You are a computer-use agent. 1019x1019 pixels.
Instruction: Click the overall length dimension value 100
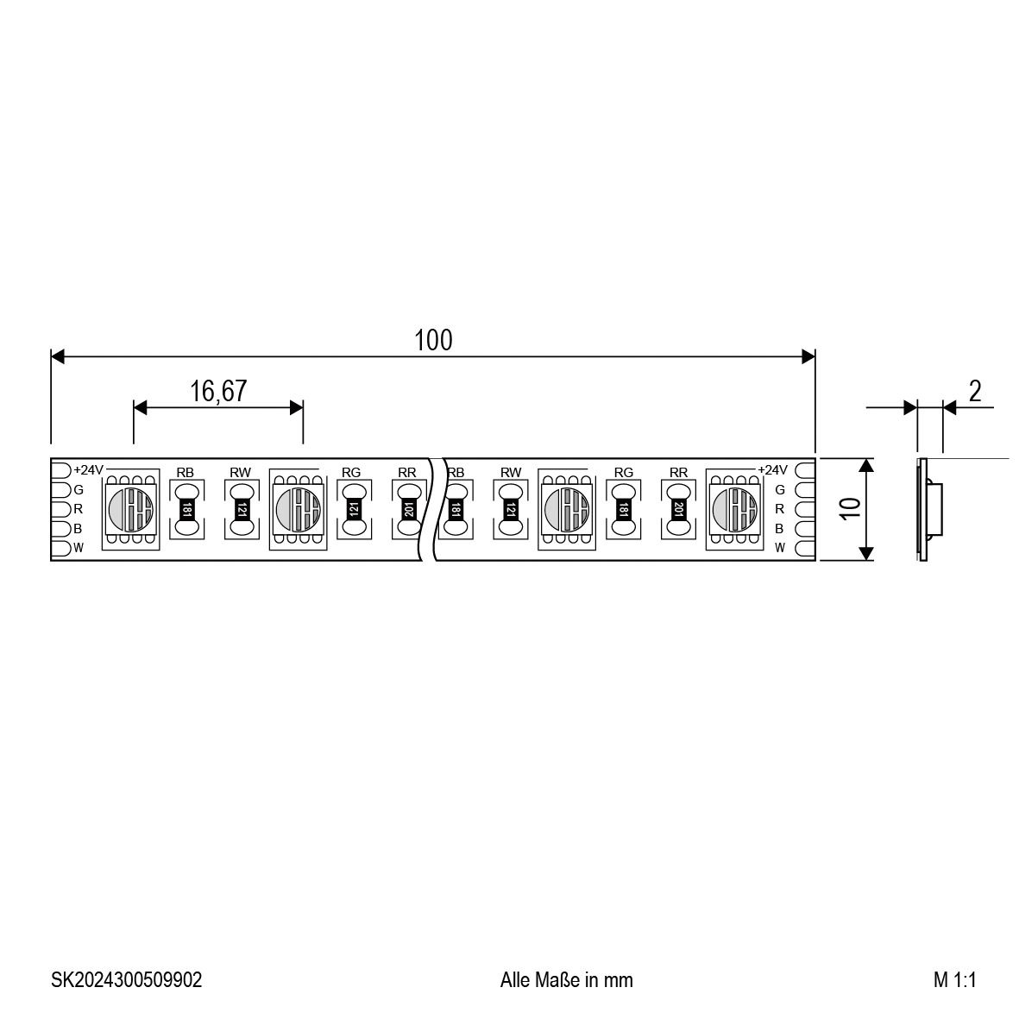433,340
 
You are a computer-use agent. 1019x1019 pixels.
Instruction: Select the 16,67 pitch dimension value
218,391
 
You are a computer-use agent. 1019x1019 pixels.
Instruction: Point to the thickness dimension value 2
975,391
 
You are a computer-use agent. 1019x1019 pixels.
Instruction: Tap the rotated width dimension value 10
850,508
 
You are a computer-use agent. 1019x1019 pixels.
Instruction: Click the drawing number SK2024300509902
127,979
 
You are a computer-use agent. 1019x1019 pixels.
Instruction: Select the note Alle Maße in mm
566,979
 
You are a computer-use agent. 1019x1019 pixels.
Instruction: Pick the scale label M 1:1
954,979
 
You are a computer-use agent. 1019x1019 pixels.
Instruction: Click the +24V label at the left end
88,470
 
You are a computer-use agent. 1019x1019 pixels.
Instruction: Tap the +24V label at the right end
773,470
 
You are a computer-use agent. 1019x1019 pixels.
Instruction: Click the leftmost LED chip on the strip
131,509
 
